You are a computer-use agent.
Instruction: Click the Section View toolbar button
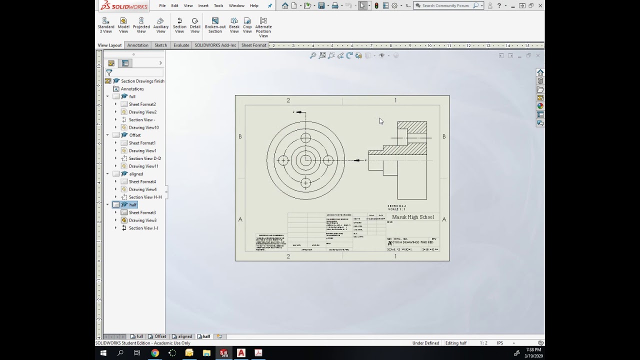click(179, 25)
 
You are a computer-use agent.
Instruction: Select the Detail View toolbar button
click(195, 25)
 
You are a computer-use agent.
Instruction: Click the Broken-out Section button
click(215, 25)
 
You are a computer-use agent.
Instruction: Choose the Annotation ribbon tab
click(137, 45)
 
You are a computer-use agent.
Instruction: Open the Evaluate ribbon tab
click(181, 45)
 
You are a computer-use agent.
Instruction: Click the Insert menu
click(203, 5)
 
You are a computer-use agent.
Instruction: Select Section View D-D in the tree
click(144, 158)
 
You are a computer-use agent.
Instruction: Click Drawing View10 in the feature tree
click(143, 127)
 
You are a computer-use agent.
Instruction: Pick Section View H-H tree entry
click(145, 197)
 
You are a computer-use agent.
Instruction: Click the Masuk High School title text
click(413, 217)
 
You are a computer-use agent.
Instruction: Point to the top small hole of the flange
click(305, 138)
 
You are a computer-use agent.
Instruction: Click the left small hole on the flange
click(283, 160)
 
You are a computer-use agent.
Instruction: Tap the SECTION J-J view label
click(397, 206)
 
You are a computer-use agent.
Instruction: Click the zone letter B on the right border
click(444, 136)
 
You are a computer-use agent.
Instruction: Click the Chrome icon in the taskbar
click(155, 353)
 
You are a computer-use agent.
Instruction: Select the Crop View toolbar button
click(247, 25)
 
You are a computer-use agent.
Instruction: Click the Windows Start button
click(103, 353)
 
